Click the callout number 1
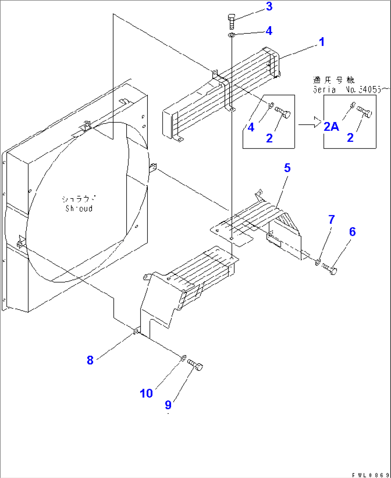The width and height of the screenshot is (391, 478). [322, 42]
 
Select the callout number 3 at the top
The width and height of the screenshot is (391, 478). [269, 6]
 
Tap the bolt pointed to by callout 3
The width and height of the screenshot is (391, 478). [231, 21]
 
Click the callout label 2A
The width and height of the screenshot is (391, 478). [331, 126]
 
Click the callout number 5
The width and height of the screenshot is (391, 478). [287, 168]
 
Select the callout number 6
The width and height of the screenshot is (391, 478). [352, 232]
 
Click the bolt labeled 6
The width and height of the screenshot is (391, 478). [330, 268]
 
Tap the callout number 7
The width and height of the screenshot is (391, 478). [331, 219]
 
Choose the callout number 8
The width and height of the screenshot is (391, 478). [90, 360]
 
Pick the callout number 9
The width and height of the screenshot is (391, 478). [168, 405]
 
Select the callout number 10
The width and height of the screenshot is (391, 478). [146, 393]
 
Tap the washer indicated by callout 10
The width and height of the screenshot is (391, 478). [183, 358]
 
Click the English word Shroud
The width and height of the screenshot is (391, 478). [79, 209]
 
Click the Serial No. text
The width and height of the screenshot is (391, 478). [346, 90]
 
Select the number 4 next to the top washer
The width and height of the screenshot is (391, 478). [269, 31]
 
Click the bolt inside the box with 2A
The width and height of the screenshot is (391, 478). [365, 113]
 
